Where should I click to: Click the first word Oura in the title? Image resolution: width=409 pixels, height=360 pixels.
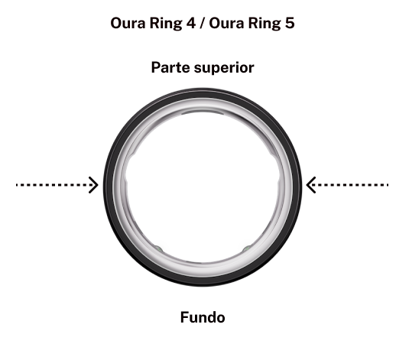pos(128,23)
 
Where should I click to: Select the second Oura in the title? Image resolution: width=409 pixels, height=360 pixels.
pos(226,23)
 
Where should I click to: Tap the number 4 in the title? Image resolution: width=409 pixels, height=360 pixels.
pos(190,23)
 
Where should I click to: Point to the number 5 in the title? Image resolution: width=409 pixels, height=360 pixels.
pos(290,23)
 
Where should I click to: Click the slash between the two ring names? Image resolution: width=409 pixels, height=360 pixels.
pos(202,24)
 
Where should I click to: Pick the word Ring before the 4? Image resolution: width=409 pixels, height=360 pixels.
pos(166,24)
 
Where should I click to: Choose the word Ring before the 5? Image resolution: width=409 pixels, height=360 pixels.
pos(265,24)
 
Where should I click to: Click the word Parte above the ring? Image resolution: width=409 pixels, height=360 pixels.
pos(170,67)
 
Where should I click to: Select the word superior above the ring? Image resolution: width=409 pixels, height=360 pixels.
pos(224,69)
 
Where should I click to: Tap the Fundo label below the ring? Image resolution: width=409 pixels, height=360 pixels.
pos(203,317)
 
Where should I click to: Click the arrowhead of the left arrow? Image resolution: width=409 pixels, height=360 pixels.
pos(93,185)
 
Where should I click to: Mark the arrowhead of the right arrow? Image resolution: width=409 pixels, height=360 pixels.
pos(311,185)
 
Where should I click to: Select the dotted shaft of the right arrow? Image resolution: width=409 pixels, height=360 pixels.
pos(349,185)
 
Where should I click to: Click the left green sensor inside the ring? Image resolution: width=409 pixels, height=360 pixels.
pos(158,248)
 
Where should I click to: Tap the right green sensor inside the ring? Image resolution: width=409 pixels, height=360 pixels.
pos(247,248)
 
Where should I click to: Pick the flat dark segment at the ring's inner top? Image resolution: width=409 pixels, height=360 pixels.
pos(203,112)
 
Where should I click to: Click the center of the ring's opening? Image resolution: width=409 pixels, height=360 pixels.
pos(203,186)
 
